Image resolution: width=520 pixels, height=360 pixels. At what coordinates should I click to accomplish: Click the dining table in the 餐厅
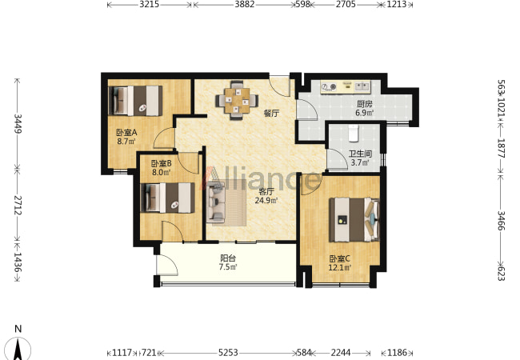point(237,100)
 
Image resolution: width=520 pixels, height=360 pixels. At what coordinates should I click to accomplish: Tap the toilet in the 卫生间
point(354,133)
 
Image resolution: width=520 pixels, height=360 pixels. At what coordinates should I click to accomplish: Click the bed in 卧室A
point(136,101)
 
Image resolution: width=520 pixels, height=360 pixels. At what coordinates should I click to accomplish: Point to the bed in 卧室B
point(168,198)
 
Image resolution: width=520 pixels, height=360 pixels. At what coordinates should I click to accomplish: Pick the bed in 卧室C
point(354,219)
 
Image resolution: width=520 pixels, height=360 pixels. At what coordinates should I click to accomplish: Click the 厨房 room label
point(365,104)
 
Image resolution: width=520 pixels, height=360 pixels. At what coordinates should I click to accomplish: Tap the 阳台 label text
point(228,258)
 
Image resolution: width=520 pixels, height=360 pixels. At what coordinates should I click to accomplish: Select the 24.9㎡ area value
point(266,200)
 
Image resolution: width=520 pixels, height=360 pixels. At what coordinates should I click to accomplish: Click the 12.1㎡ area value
point(339,267)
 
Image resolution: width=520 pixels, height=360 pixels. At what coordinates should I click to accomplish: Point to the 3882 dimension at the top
point(245,4)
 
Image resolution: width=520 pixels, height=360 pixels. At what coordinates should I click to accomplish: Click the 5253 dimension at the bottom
point(228,352)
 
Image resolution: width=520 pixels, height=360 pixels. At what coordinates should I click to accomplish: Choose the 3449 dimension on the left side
point(18,124)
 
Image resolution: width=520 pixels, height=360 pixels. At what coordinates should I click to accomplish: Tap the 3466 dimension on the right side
point(501,221)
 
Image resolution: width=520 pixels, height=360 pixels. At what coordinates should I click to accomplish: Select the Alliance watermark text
point(260,179)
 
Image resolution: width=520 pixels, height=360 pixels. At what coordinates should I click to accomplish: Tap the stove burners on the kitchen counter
point(329,87)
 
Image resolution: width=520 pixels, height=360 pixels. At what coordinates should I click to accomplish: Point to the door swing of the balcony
point(167,265)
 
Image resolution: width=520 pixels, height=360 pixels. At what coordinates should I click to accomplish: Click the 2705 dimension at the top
point(346,4)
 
